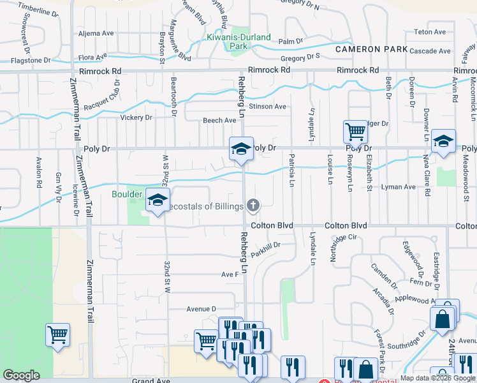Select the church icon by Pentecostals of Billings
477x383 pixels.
point(253,205)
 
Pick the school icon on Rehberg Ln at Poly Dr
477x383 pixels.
point(241,149)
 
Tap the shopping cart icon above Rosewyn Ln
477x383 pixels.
point(355,132)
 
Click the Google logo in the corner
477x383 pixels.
point(21,375)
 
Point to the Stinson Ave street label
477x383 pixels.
point(267,107)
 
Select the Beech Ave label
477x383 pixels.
point(219,120)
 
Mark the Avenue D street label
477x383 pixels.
point(202,309)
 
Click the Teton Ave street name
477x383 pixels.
point(430,32)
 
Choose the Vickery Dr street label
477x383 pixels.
point(136,117)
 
